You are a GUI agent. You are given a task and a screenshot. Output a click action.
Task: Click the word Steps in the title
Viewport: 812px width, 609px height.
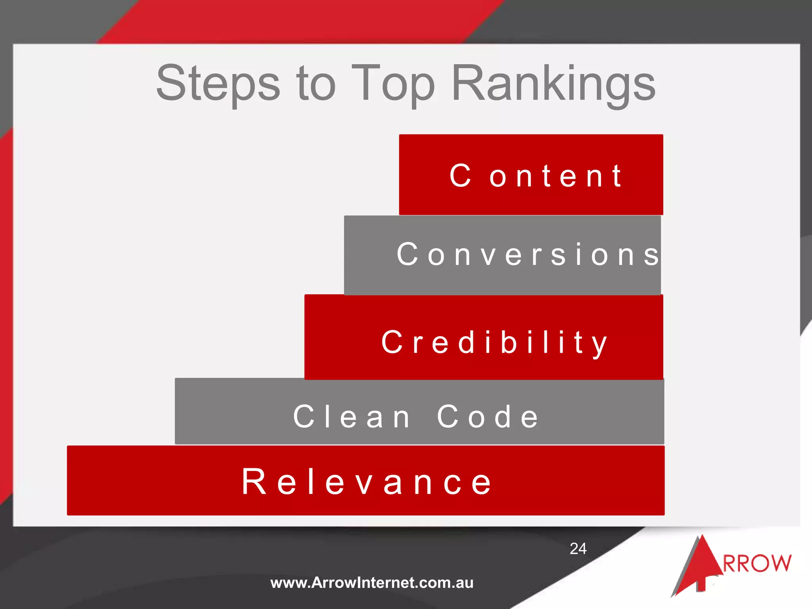(218, 84)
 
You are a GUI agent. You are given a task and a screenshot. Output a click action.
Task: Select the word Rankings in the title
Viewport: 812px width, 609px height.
(553, 84)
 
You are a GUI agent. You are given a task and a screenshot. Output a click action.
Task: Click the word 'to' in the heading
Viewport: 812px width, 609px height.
(316, 84)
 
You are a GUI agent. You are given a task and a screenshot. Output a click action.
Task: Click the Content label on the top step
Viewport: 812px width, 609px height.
(535, 175)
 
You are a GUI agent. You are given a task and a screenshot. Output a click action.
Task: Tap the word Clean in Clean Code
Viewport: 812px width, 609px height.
(352, 417)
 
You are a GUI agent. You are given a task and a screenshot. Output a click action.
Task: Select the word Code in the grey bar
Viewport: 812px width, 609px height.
(488, 417)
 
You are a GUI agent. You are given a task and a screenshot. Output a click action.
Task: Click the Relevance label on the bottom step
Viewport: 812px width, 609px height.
(367, 482)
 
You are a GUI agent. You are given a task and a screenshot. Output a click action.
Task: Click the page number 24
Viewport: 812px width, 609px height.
(578, 549)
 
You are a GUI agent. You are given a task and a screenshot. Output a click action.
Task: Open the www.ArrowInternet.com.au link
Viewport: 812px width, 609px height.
(372, 583)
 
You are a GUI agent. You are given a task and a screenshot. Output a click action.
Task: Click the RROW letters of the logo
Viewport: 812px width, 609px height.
(757, 563)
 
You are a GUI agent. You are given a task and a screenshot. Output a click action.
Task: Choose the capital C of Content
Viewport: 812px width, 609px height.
(460, 175)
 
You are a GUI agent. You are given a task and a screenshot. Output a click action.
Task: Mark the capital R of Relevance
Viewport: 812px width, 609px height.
(254, 482)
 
